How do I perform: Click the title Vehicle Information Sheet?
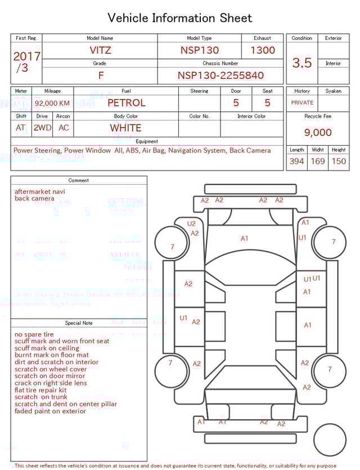coord(180,18)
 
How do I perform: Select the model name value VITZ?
coord(100,50)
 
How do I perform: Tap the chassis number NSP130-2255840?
coord(220,75)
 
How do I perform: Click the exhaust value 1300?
coord(263,50)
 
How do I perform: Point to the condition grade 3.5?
coord(302,62)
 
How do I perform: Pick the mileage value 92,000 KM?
coord(52,104)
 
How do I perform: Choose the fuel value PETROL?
coord(126,103)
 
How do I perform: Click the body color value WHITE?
coord(125,128)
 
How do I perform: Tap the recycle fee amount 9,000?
coord(318,133)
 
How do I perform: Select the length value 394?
coord(296,162)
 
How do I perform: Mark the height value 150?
coord(339,162)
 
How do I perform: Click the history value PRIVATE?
coord(302,103)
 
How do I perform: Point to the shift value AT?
coord(21,128)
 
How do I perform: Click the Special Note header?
coord(79,323)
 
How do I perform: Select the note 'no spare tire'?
coord(34,334)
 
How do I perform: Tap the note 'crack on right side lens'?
coord(51,383)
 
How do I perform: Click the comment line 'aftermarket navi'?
coord(39,192)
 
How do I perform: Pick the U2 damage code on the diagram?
coord(191,223)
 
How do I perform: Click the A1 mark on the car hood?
coord(244,239)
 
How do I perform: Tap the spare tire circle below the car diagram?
coord(330,440)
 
